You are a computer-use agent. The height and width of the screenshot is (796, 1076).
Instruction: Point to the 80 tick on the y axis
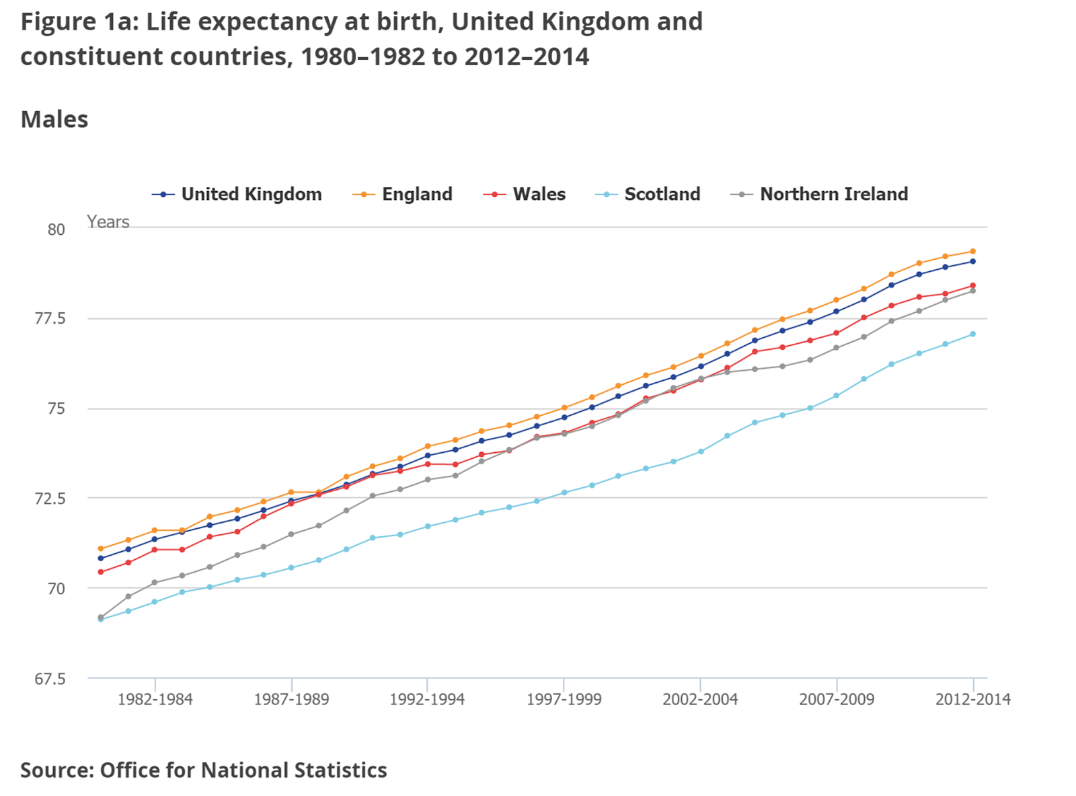point(56,229)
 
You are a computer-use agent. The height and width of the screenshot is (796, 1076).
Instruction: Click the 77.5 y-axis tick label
point(50,319)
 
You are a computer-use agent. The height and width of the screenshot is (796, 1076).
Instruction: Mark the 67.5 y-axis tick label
point(50,679)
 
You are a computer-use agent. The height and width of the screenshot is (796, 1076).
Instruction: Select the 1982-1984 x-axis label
point(155,700)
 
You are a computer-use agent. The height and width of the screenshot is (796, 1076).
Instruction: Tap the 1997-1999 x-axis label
point(564,700)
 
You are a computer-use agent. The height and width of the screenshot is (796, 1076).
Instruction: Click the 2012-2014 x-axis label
point(972,700)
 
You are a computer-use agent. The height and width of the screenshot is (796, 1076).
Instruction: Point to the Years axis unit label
point(108,222)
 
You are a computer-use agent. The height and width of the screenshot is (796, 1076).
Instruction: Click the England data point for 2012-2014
point(972,252)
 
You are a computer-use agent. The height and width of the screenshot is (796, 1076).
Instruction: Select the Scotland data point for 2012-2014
point(972,334)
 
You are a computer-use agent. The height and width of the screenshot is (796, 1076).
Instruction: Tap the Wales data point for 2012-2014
point(972,286)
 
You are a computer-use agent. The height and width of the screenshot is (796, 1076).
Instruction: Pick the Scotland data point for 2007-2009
point(837,396)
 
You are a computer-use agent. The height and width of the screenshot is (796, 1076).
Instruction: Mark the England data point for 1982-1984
point(155,530)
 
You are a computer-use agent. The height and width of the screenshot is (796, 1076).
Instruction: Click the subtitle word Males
point(54,120)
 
